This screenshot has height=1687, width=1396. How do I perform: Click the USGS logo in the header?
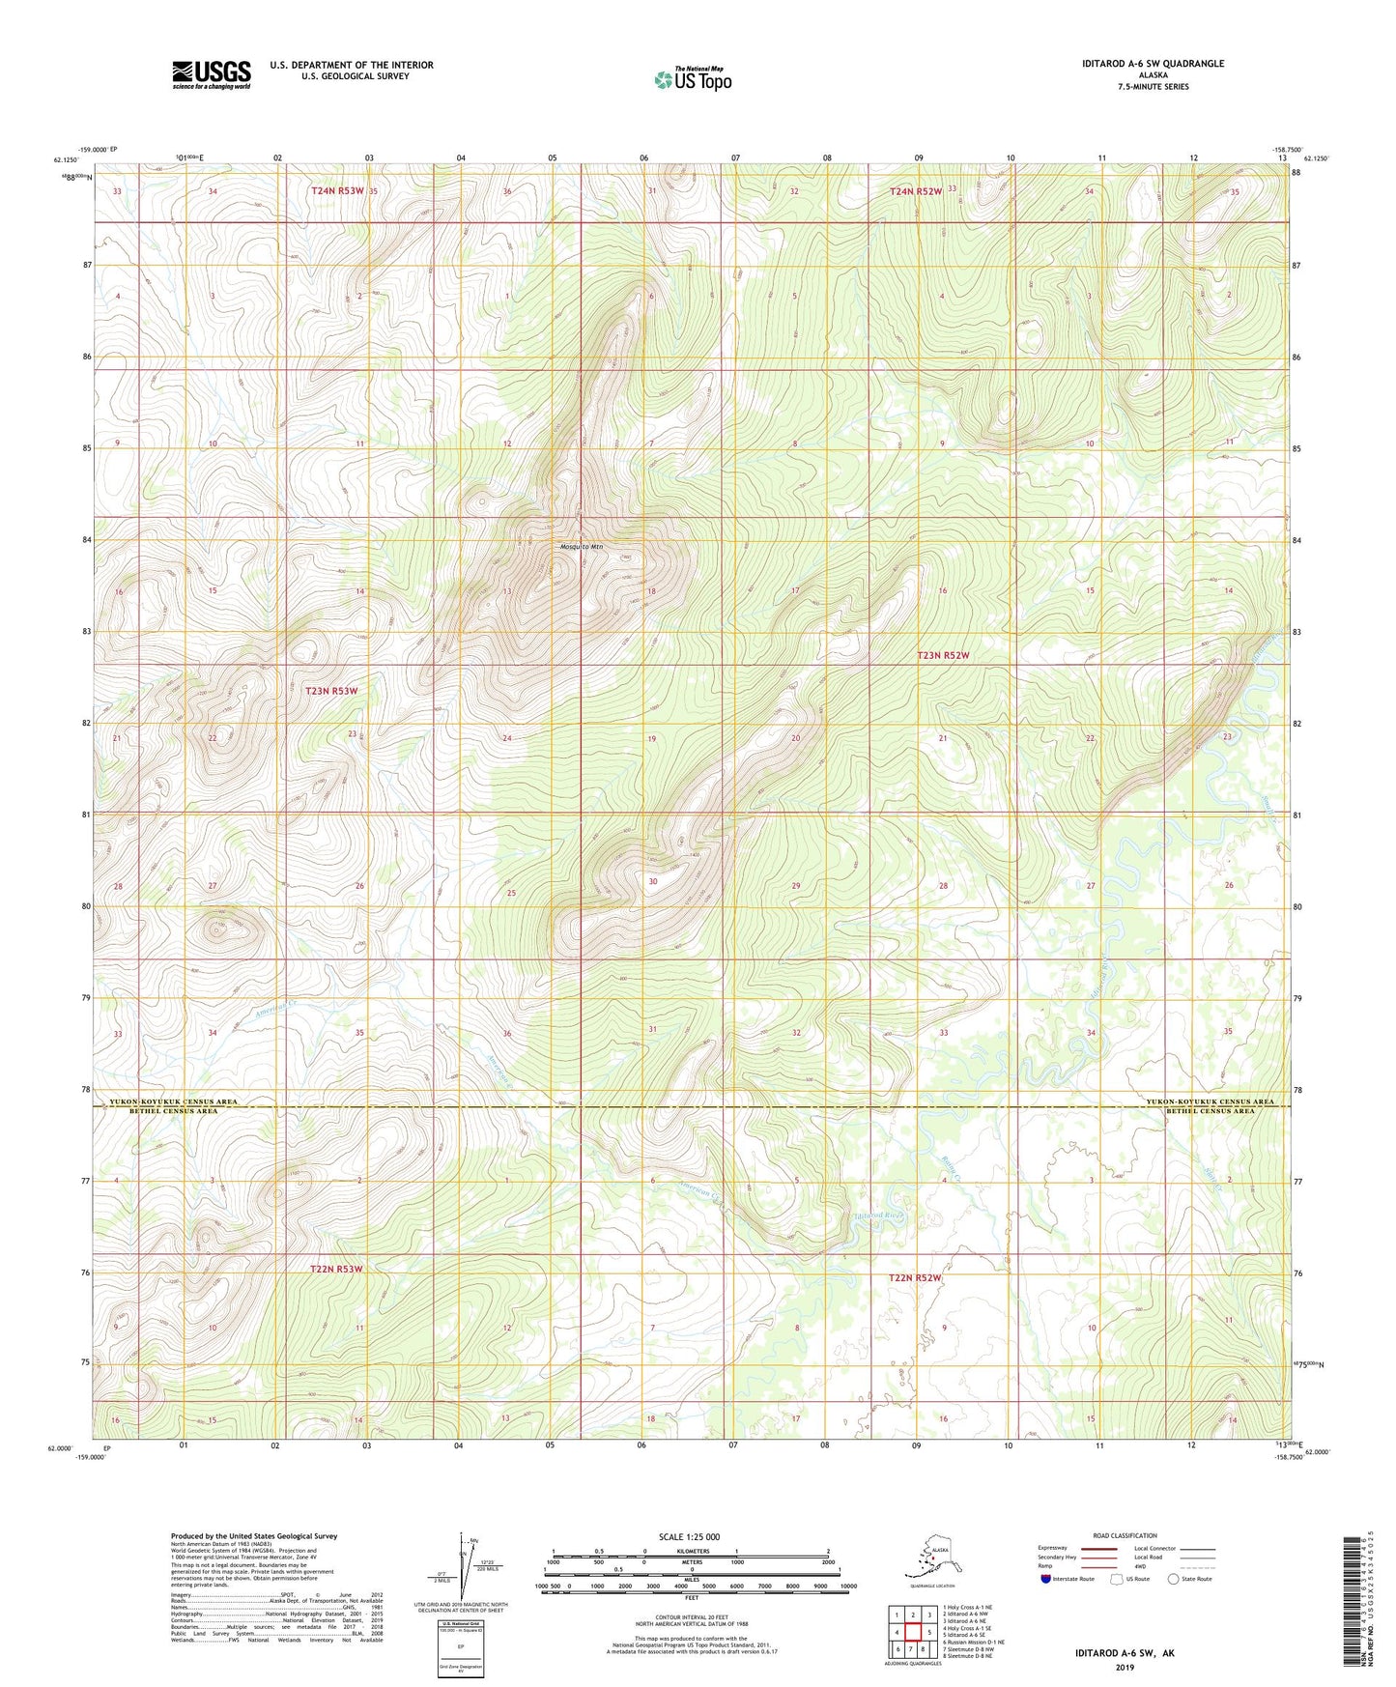coord(211,74)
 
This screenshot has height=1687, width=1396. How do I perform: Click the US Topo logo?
coord(692,79)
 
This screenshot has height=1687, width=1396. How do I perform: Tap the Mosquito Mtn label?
coord(581,547)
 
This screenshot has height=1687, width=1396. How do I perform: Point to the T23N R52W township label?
coord(942,655)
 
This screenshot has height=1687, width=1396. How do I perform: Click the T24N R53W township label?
coord(337,191)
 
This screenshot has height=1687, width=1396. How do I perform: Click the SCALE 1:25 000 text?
coord(689,1536)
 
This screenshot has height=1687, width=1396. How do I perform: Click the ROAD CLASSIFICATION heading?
coord(1124,1535)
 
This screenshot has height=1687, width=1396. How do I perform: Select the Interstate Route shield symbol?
coord(1046,1579)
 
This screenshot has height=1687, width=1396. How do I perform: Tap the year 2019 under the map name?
coord(1124,1667)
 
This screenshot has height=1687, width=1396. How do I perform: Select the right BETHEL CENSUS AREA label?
coord(1210,1111)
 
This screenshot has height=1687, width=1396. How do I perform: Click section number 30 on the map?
coord(653,881)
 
